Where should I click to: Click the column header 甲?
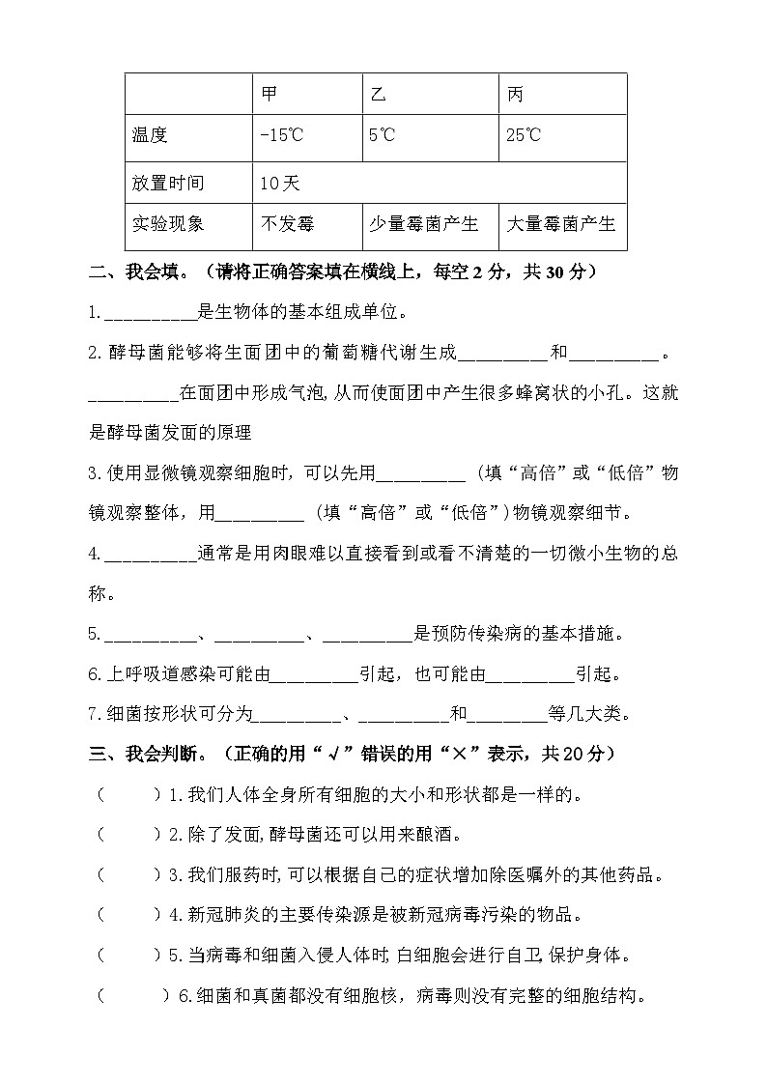coord(270,95)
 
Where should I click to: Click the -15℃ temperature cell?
coord(281,135)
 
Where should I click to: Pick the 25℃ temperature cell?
coord(524,135)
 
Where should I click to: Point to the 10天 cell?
coord(280,184)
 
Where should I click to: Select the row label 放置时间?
coord(168,184)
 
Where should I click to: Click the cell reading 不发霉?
coord(288,224)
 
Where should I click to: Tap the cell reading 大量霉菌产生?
coord(561,224)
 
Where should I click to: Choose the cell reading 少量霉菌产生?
coord(423,224)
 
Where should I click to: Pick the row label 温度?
coord(150,135)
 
